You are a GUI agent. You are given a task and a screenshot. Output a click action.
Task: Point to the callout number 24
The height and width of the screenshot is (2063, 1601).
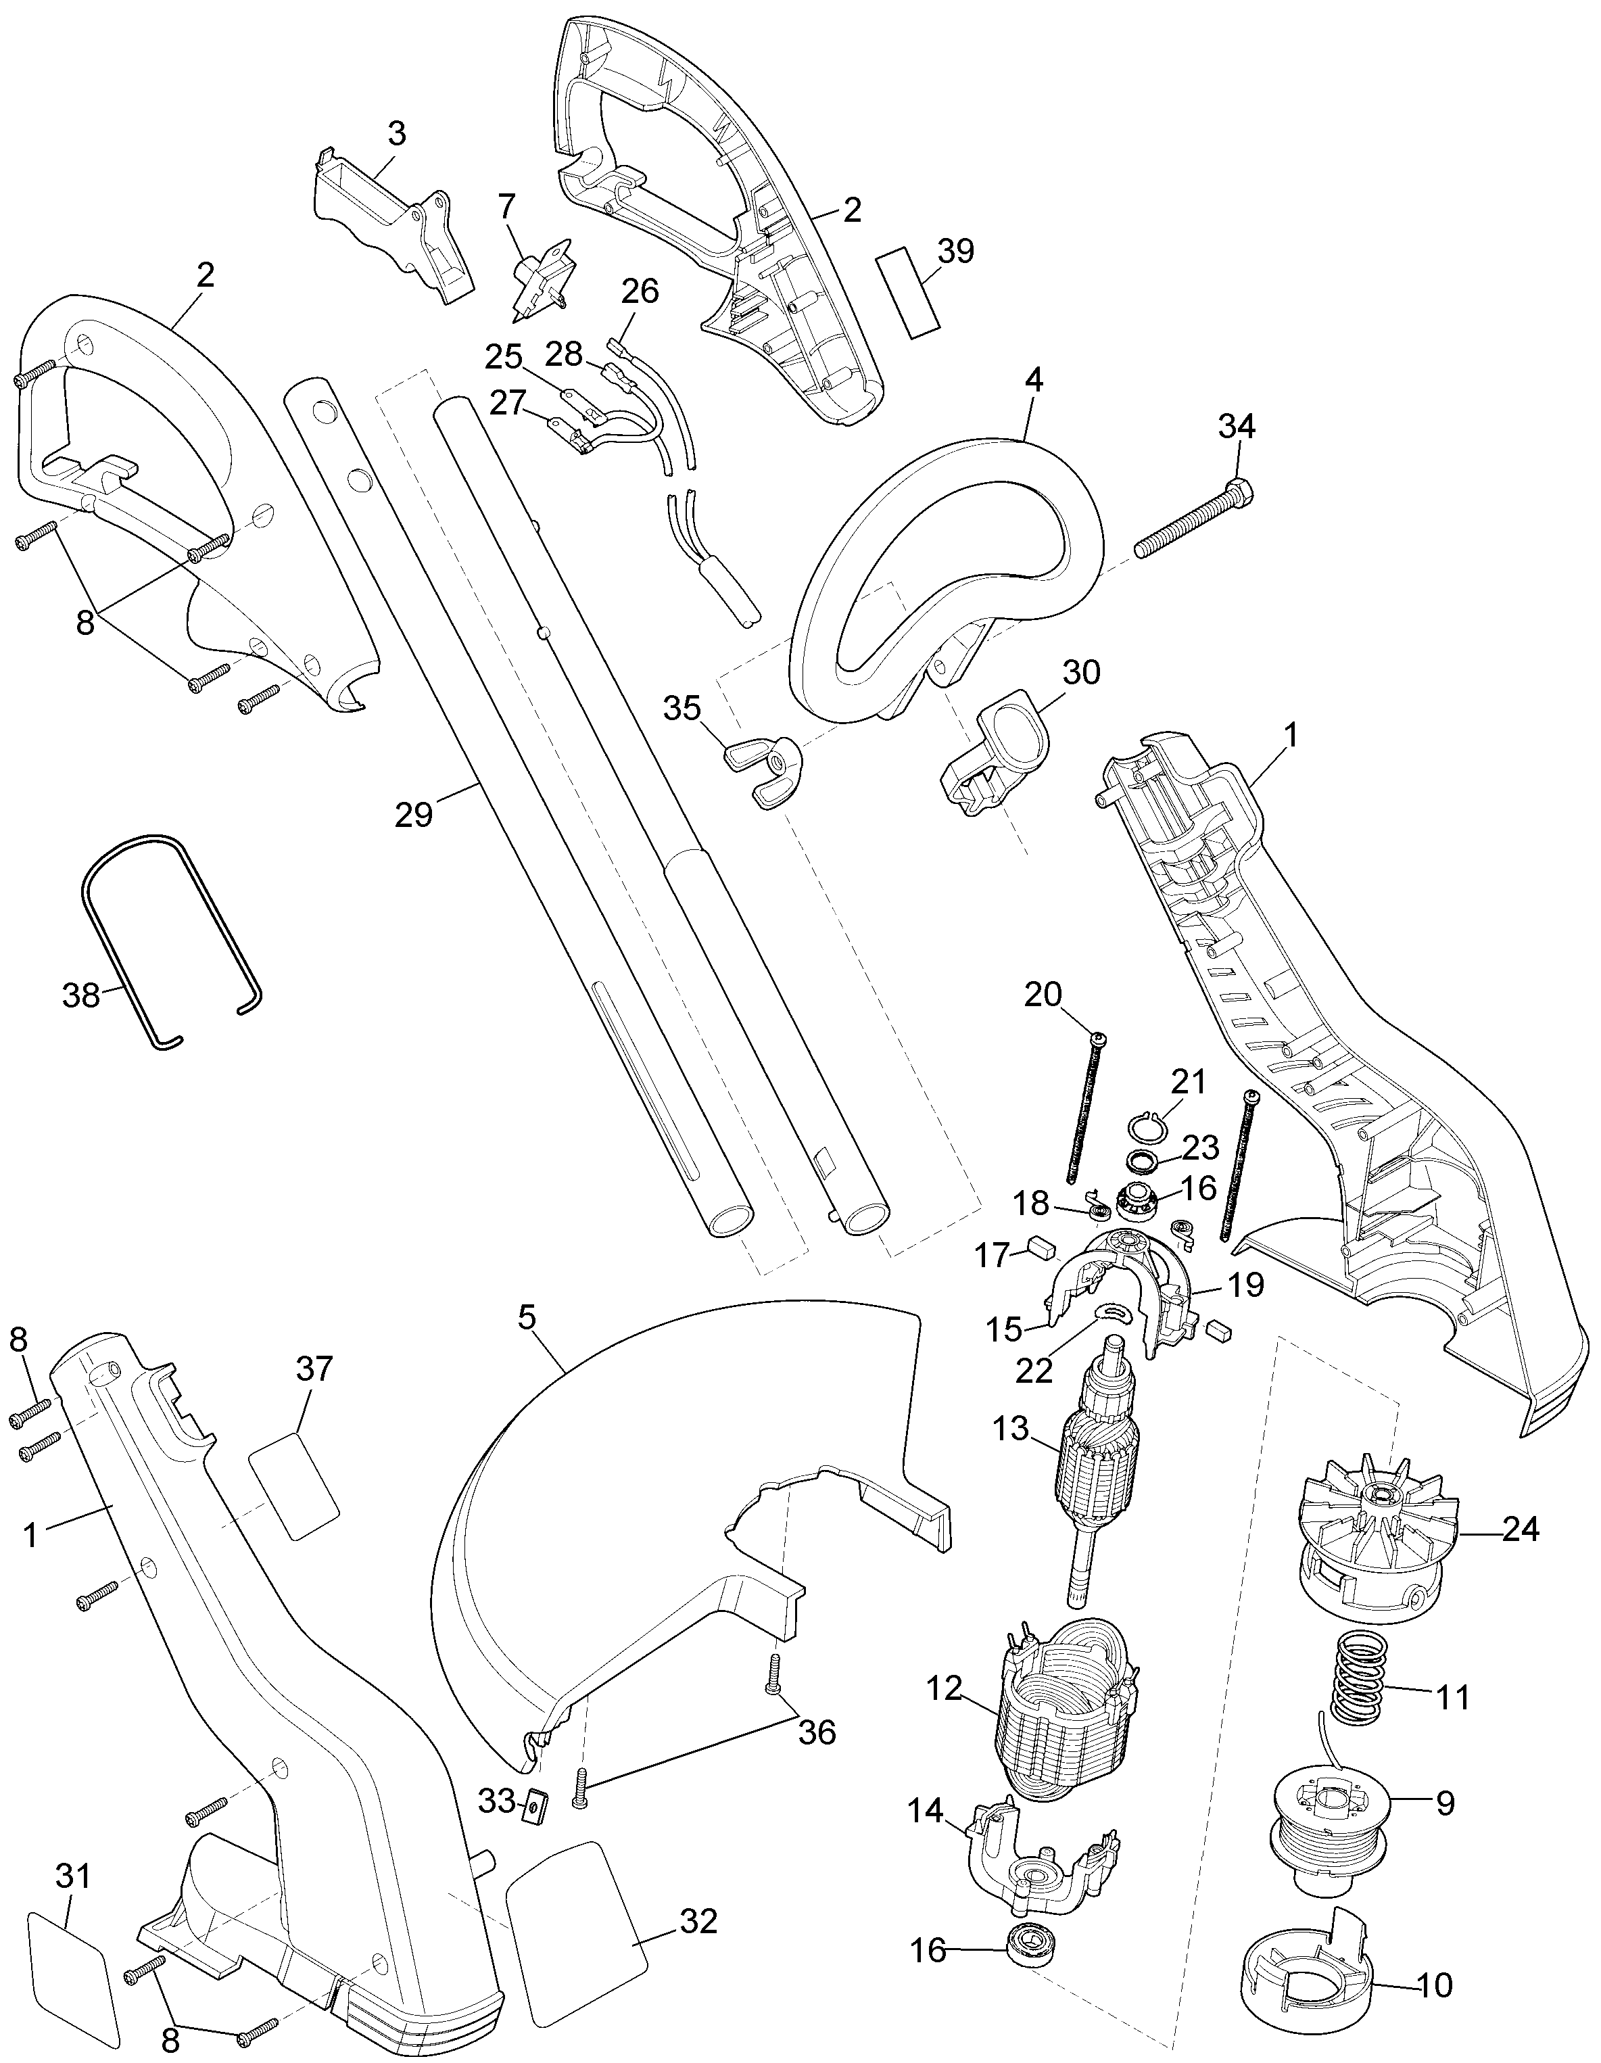point(1520,1528)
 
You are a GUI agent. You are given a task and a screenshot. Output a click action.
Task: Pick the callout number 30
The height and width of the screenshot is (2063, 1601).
point(1082,673)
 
